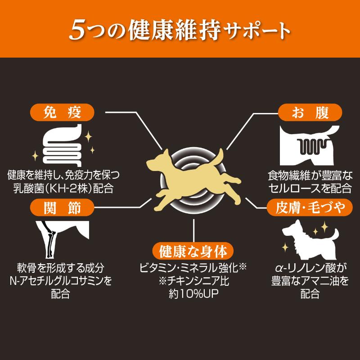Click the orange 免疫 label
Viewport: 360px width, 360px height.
tap(62, 112)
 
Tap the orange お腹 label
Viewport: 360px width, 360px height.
tap(310, 112)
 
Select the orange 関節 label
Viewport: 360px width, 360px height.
tap(62, 207)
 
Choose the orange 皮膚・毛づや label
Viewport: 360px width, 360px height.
tap(310, 207)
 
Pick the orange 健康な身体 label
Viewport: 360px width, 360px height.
tap(193, 251)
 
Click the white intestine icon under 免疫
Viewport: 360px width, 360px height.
tap(62, 145)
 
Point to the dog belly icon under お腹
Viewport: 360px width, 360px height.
tap(310, 145)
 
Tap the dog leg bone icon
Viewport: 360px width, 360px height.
tap(62, 239)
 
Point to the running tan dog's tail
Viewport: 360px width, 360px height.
tap(219, 157)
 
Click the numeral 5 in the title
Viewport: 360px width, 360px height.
tap(76, 30)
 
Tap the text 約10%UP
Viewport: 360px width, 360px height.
tap(193, 294)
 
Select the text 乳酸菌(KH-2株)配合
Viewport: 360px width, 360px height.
tap(63, 188)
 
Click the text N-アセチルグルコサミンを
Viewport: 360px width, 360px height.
tap(61, 280)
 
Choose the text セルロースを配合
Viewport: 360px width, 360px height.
tap(310, 188)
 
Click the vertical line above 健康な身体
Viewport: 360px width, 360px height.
tap(194, 230)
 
